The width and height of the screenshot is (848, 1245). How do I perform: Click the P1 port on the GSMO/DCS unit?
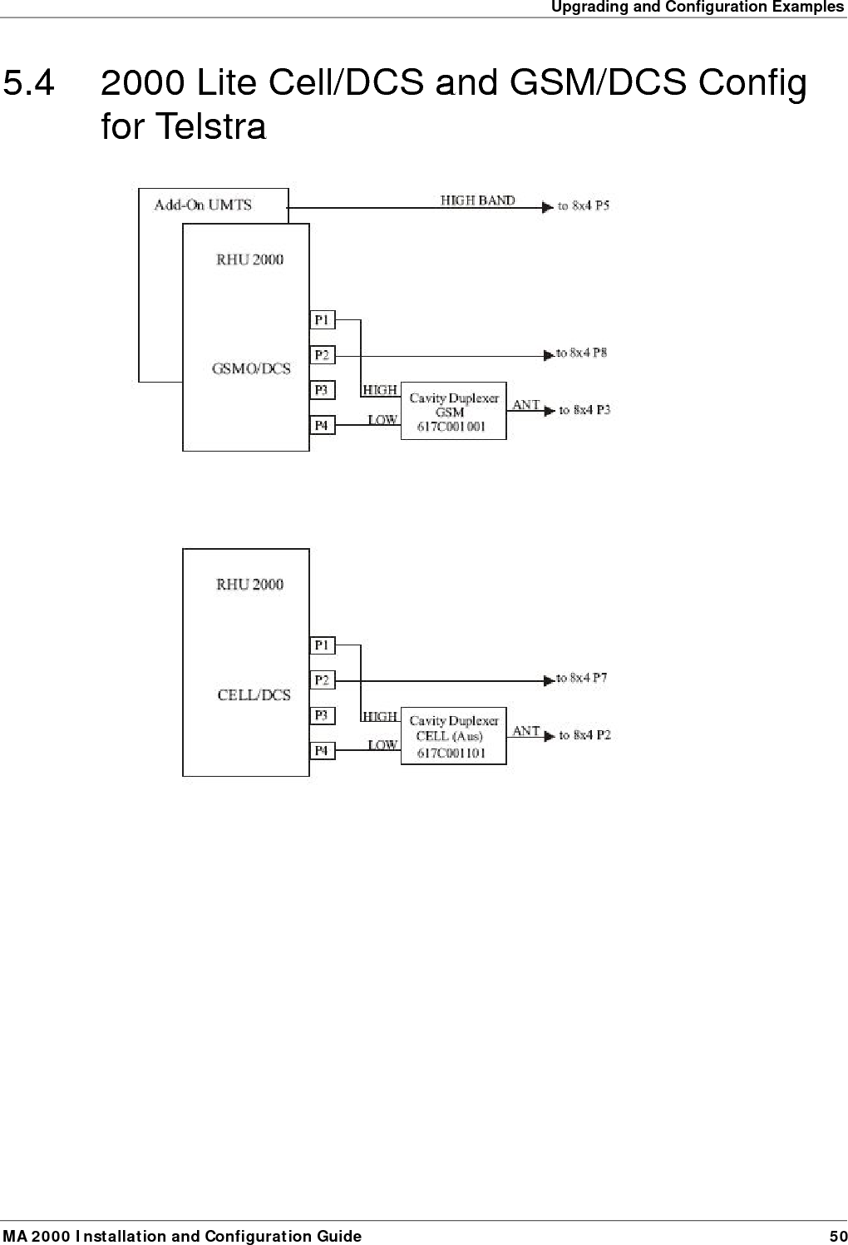[x=322, y=320]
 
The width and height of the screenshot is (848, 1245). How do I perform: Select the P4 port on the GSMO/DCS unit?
[x=322, y=426]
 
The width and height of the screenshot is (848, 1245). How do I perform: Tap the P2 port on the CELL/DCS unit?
[x=322, y=680]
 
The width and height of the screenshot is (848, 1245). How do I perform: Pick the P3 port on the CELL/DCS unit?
[x=322, y=715]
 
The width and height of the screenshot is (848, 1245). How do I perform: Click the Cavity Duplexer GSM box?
[x=453, y=411]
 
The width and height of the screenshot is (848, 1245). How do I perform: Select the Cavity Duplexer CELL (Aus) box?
[x=453, y=736]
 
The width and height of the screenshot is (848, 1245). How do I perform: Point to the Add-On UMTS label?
[x=203, y=205]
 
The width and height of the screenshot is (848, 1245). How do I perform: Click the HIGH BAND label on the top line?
[x=477, y=200]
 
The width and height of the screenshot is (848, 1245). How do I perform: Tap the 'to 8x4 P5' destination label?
[x=583, y=206]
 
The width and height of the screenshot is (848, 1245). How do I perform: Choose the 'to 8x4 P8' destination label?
[x=582, y=353]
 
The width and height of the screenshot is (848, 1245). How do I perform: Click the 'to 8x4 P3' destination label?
[x=584, y=410]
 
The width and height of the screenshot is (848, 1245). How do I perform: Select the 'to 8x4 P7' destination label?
[x=582, y=679]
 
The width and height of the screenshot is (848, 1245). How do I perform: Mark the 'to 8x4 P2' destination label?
[x=584, y=735]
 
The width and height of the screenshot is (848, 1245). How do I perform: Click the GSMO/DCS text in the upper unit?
[x=251, y=369]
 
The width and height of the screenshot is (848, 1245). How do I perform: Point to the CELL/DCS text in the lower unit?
[x=254, y=695]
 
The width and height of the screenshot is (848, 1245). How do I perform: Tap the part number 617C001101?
[x=451, y=753]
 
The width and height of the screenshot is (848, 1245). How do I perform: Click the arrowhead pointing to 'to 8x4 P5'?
[x=548, y=207]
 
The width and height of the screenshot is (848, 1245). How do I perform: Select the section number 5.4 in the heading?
[x=30, y=83]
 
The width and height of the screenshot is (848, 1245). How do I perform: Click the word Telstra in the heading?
[x=211, y=127]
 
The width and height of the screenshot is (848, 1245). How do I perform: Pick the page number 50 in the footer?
[x=837, y=1237]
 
